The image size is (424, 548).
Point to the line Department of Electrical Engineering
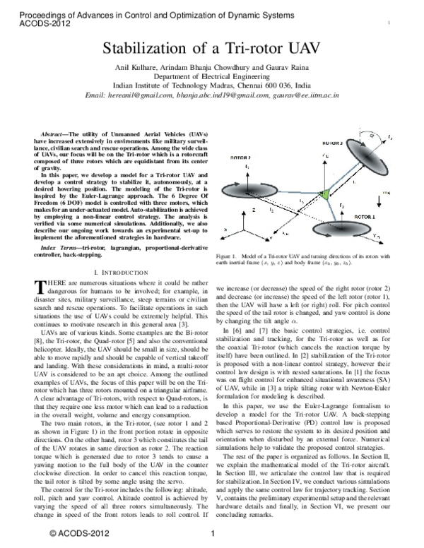tap(212, 76)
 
